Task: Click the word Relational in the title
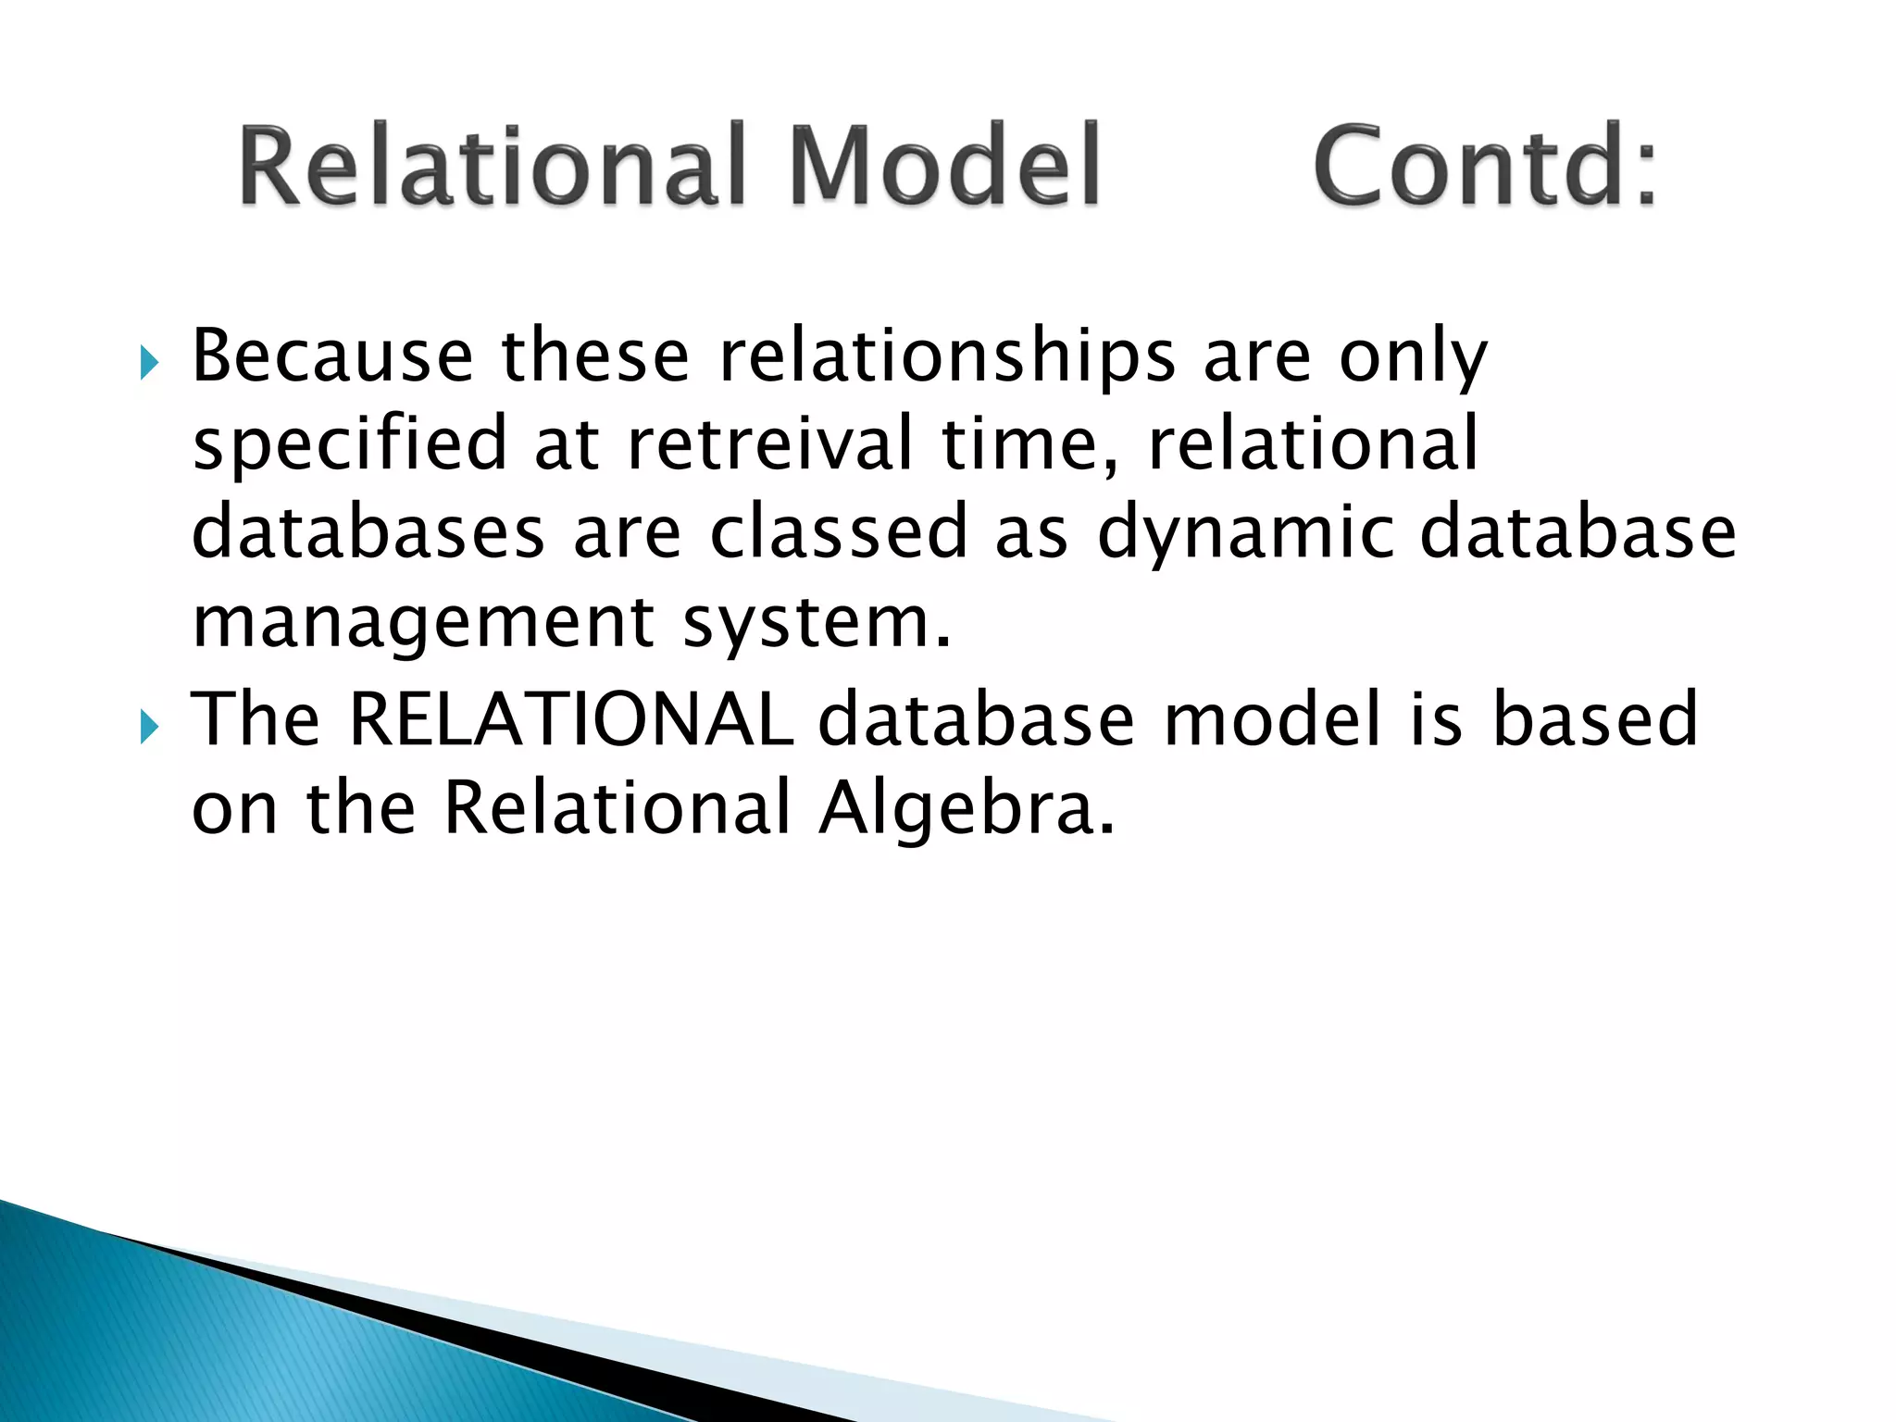(x=491, y=167)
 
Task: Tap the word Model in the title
(x=944, y=167)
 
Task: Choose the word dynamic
(x=1244, y=535)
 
